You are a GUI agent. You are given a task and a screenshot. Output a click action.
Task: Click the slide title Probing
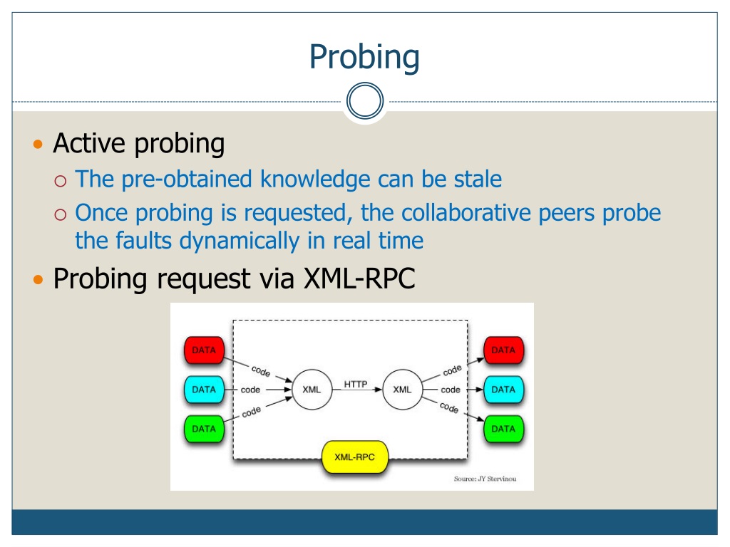(x=364, y=56)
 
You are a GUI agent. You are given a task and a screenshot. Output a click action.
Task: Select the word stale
(x=478, y=179)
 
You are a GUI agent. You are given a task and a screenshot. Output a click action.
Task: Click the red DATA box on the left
(x=204, y=350)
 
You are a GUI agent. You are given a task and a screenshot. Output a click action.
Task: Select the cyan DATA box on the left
(x=204, y=390)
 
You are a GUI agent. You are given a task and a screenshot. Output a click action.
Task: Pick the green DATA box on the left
(x=204, y=429)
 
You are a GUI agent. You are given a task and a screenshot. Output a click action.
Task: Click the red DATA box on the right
(x=503, y=350)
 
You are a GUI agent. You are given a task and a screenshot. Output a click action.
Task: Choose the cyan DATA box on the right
(x=503, y=390)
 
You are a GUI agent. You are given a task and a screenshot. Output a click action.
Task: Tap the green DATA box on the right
(x=503, y=429)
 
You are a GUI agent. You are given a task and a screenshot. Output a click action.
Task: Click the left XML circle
(x=312, y=390)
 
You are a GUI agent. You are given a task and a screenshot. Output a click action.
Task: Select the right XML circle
(x=402, y=390)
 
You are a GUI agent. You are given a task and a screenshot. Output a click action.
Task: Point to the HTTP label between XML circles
(x=356, y=385)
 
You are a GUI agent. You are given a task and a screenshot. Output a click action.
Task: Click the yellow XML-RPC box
(x=356, y=457)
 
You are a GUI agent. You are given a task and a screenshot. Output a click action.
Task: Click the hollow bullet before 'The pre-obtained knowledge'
(x=61, y=179)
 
